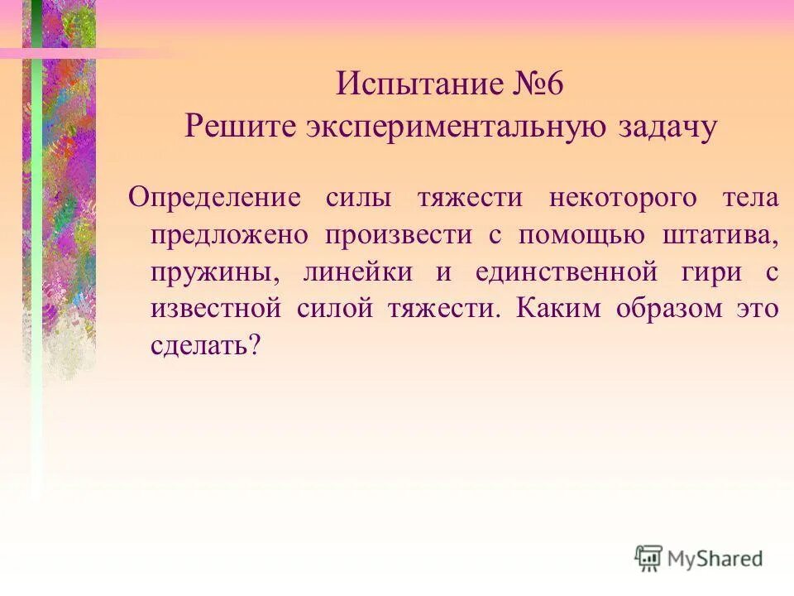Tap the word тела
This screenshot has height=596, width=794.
tap(749, 199)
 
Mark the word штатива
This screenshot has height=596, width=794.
tap(720, 235)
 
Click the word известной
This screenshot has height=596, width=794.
tap(217, 309)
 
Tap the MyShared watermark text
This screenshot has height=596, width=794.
tap(715, 559)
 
